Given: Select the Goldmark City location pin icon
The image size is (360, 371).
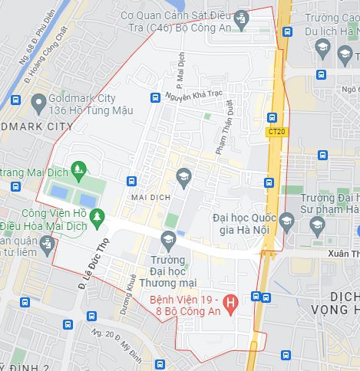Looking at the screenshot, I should point(38,102).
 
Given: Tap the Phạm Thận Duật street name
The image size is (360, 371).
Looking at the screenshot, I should point(223,135).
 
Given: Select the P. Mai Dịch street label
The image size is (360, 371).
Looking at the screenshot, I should point(181,68).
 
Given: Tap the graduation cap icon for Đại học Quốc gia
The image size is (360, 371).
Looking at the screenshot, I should point(286,222).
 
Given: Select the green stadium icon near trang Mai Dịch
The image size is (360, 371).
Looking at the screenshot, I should point(78,167).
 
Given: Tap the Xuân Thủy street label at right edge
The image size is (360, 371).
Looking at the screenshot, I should point(343,253).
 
